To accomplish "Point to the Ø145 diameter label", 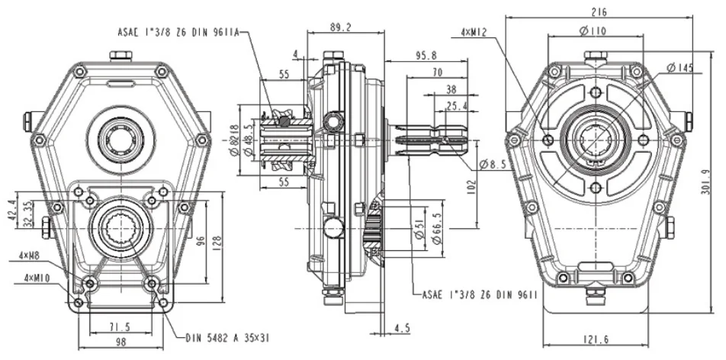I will coord(679,68).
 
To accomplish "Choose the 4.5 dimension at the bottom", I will coord(401,329).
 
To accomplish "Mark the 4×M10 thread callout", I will coord(37,278).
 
